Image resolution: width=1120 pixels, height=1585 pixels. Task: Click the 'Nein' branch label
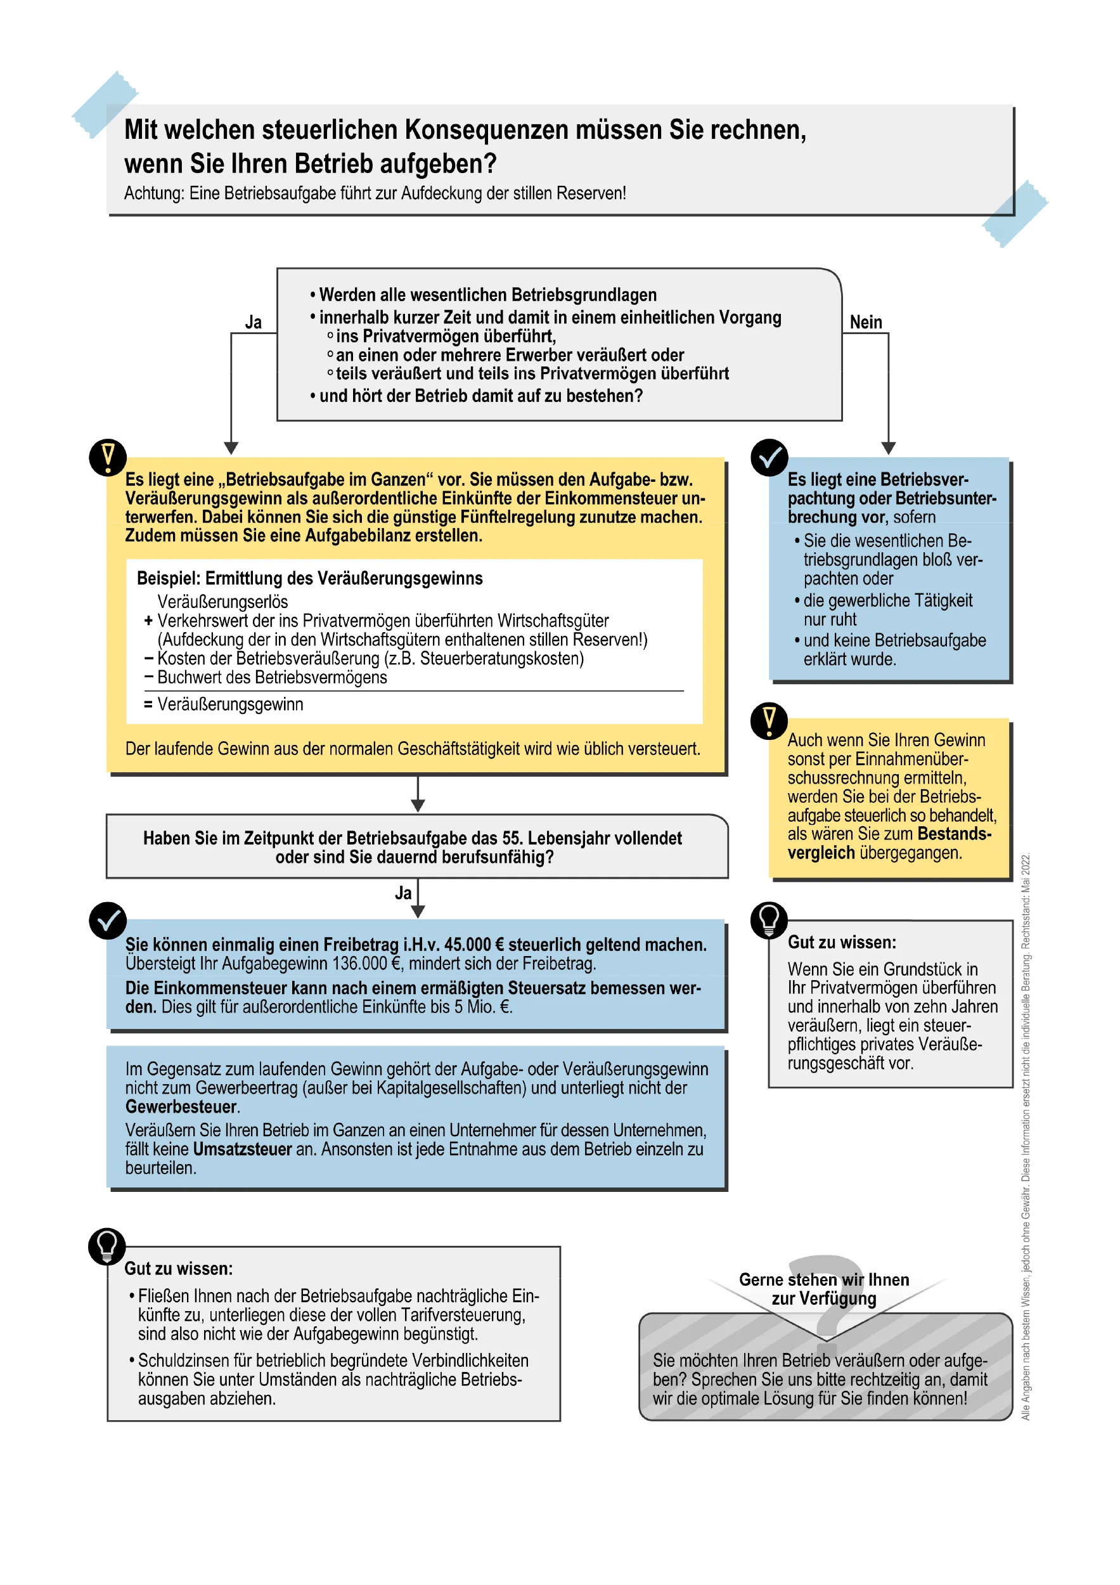click(x=865, y=322)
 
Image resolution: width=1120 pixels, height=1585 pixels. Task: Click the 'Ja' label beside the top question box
click(x=254, y=322)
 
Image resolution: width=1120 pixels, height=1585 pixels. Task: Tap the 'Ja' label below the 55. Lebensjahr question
click(x=403, y=893)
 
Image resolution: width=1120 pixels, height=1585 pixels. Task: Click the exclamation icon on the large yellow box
click(x=108, y=457)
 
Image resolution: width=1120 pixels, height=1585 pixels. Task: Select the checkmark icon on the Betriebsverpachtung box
click(x=769, y=457)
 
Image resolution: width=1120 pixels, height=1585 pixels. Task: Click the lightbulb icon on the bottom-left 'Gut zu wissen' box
click(x=107, y=1246)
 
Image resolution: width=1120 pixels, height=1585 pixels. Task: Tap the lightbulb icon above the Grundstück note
click(x=769, y=920)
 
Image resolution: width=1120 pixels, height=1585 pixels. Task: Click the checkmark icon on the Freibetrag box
click(x=108, y=920)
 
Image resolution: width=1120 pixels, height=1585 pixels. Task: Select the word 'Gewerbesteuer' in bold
click(x=181, y=1106)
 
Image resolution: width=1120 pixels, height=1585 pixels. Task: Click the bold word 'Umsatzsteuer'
click(x=242, y=1149)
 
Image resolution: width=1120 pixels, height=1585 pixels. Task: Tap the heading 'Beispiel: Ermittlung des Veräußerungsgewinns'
click(x=309, y=578)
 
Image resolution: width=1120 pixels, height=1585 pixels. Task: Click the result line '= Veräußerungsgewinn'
click(x=223, y=704)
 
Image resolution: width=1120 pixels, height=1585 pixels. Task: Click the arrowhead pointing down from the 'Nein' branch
click(x=888, y=448)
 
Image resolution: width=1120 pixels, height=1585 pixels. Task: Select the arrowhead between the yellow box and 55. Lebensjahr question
click(x=418, y=805)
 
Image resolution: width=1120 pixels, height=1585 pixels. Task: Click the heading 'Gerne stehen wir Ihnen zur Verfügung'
click(x=824, y=1289)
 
